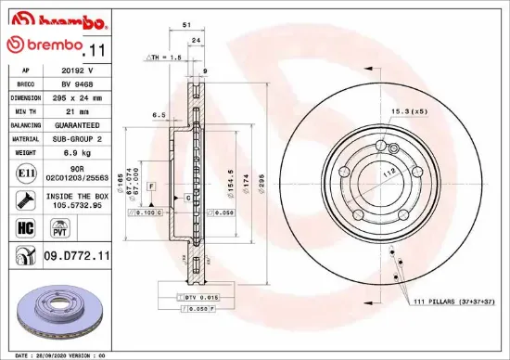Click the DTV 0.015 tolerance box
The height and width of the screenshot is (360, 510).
click(x=200, y=296)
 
